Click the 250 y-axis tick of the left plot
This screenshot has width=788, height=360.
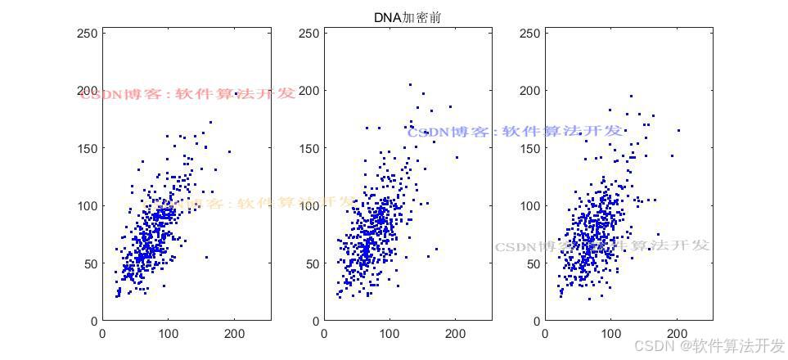[x=87, y=33]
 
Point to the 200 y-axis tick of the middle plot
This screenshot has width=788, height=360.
[x=308, y=90]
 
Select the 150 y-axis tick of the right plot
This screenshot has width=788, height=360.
[x=530, y=148]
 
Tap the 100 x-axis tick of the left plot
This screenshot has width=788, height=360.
[x=168, y=334]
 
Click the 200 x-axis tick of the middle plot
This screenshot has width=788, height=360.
[x=455, y=334]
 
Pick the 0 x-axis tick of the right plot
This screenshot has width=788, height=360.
[x=546, y=334]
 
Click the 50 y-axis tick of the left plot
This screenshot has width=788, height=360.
[x=90, y=263]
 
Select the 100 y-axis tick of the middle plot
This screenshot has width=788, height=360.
[x=308, y=205]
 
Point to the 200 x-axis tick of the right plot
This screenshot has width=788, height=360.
[x=677, y=334]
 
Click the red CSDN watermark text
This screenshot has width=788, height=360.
[x=187, y=94]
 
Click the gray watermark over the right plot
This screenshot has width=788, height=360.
[x=602, y=245]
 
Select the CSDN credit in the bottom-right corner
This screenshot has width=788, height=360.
[x=709, y=345]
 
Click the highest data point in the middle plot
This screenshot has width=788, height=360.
[x=410, y=84]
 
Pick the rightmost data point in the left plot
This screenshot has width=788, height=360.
[x=229, y=151]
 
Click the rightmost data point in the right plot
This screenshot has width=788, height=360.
[x=678, y=130]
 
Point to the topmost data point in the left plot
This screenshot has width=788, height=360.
[x=210, y=123]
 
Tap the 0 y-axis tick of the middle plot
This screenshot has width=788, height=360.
[x=315, y=321]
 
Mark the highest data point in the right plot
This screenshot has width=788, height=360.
[x=630, y=96]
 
